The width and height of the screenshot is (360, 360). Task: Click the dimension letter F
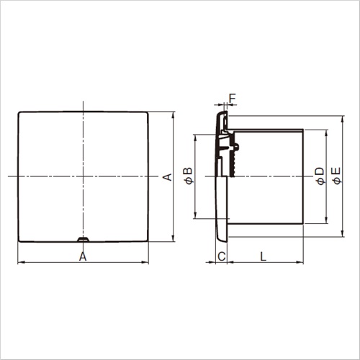(233, 98)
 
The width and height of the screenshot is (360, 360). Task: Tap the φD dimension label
(320, 176)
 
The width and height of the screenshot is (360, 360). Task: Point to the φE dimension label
(336, 176)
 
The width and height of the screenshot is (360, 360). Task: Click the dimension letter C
(222, 256)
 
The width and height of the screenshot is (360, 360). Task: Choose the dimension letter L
(264, 256)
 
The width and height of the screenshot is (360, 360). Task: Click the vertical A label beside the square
(168, 177)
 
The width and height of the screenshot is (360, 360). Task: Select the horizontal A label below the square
(83, 256)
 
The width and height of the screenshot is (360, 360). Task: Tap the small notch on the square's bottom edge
(83, 239)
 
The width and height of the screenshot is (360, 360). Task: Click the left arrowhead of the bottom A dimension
(21, 262)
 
